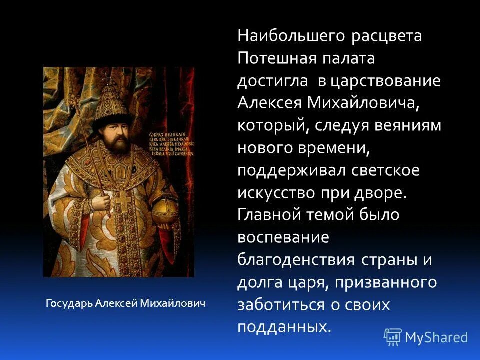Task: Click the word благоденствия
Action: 296,260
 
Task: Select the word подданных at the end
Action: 283,327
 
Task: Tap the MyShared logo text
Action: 436,337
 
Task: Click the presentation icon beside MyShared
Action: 392,337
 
